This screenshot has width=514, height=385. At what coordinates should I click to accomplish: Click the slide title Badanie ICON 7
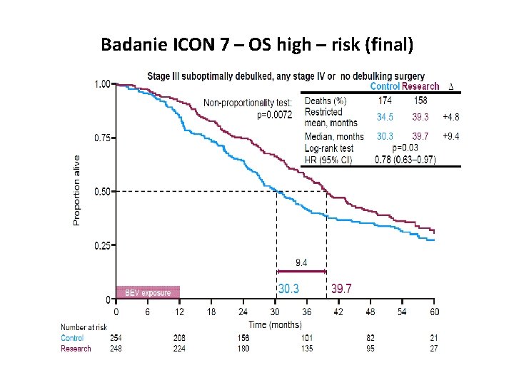(x=257, y=46)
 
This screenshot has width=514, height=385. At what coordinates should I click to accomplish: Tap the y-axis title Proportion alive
(x=77, y=190)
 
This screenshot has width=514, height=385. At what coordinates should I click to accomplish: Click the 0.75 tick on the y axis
(x=103, y=138)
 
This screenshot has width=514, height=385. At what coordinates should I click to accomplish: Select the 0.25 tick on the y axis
(x=103, y=246)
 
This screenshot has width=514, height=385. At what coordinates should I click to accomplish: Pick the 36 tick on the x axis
(x=307, y=312)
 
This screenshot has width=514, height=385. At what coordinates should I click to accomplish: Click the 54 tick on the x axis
(x=403, y=312)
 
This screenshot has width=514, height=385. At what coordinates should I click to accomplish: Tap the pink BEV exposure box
(x=148, y=292)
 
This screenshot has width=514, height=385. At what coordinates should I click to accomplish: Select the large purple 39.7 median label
(x=341, y=289)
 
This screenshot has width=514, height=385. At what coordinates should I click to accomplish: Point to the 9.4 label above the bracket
(x=301, y=263)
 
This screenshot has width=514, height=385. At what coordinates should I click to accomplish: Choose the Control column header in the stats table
(x=385, y=86)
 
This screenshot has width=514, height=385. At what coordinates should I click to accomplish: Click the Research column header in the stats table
(x=420, y=86)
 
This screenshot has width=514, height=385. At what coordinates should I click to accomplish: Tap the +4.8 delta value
(x=450, y=117)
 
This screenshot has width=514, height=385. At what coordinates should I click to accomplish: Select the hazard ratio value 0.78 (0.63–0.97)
(x=405, y=159)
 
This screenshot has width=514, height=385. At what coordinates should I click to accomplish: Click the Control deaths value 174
(x=385, y=101)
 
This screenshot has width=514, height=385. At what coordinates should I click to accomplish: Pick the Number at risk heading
(x=84, y=327)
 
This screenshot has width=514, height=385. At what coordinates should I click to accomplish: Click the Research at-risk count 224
(x=180, y=349)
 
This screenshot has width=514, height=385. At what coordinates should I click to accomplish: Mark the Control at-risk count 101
(x=307, y=338)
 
